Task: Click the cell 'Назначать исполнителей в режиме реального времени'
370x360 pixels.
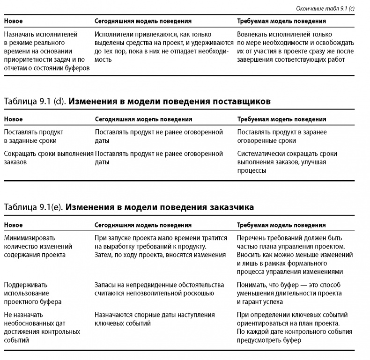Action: (x=46, y=51)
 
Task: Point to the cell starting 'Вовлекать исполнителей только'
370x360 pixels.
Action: (x=295, y=47)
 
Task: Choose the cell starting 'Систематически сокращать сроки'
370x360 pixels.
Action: (x=287, y=162)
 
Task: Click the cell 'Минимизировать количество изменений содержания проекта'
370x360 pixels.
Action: (x=38, y=246)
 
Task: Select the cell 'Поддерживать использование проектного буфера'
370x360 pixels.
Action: (x=33, y=293)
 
